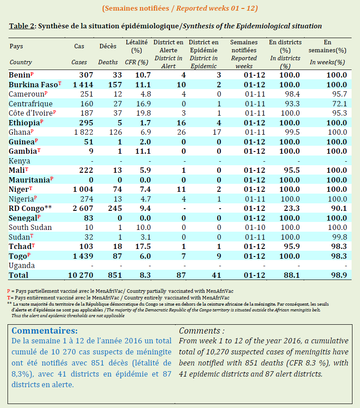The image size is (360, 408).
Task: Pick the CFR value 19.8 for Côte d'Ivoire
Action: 143,113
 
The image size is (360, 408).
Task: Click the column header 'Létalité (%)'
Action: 137,46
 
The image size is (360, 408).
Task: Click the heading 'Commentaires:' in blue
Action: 44,331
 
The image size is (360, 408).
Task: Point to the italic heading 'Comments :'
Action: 201,331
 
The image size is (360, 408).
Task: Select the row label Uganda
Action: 22,265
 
